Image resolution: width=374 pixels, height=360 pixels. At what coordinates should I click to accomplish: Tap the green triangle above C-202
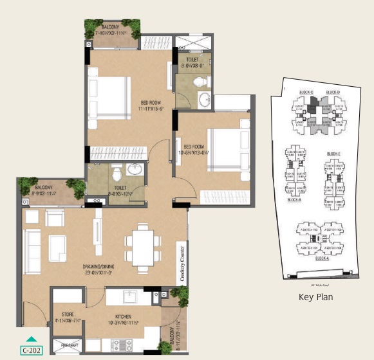coord(30,340)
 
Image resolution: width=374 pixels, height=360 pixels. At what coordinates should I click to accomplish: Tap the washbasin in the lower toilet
coord(136,169)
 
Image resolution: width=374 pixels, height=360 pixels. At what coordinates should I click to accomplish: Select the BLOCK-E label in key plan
coord(333,154)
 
